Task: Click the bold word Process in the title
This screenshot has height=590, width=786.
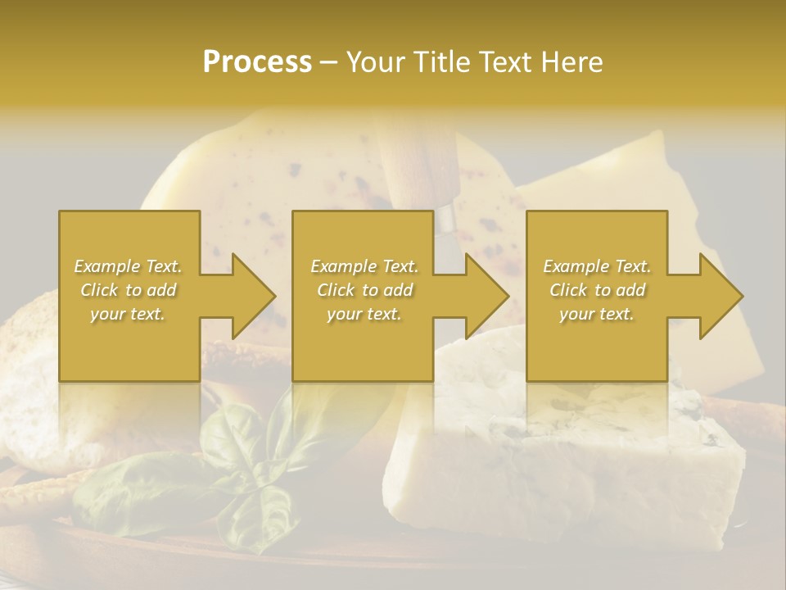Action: click(x=257, y=62)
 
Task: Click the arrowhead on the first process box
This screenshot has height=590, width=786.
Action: click(x=246, y=296)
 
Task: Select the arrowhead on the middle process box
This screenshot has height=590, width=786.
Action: click(x=480, y=296)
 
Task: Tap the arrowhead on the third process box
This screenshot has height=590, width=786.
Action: click(x=714, y=296)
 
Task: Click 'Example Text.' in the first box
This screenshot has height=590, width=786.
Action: click(x=129, y=266)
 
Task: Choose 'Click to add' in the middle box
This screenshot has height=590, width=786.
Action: click(x=364, y=290)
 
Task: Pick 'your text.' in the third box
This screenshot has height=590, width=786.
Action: click(x=597, y=314)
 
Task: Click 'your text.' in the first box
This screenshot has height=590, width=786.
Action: click(x=129, y=314)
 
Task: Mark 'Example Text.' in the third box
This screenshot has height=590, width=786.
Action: click(x=597, y=266)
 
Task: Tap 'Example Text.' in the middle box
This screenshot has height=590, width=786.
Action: click(x=364, y=266)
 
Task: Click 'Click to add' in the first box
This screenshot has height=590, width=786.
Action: click(x=129, y=290)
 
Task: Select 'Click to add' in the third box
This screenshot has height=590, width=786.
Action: click(x=597, y=290)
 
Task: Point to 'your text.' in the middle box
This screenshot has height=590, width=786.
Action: click(x=364, y=314)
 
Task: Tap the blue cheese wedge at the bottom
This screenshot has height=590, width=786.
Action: click(x=565, y=467)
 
